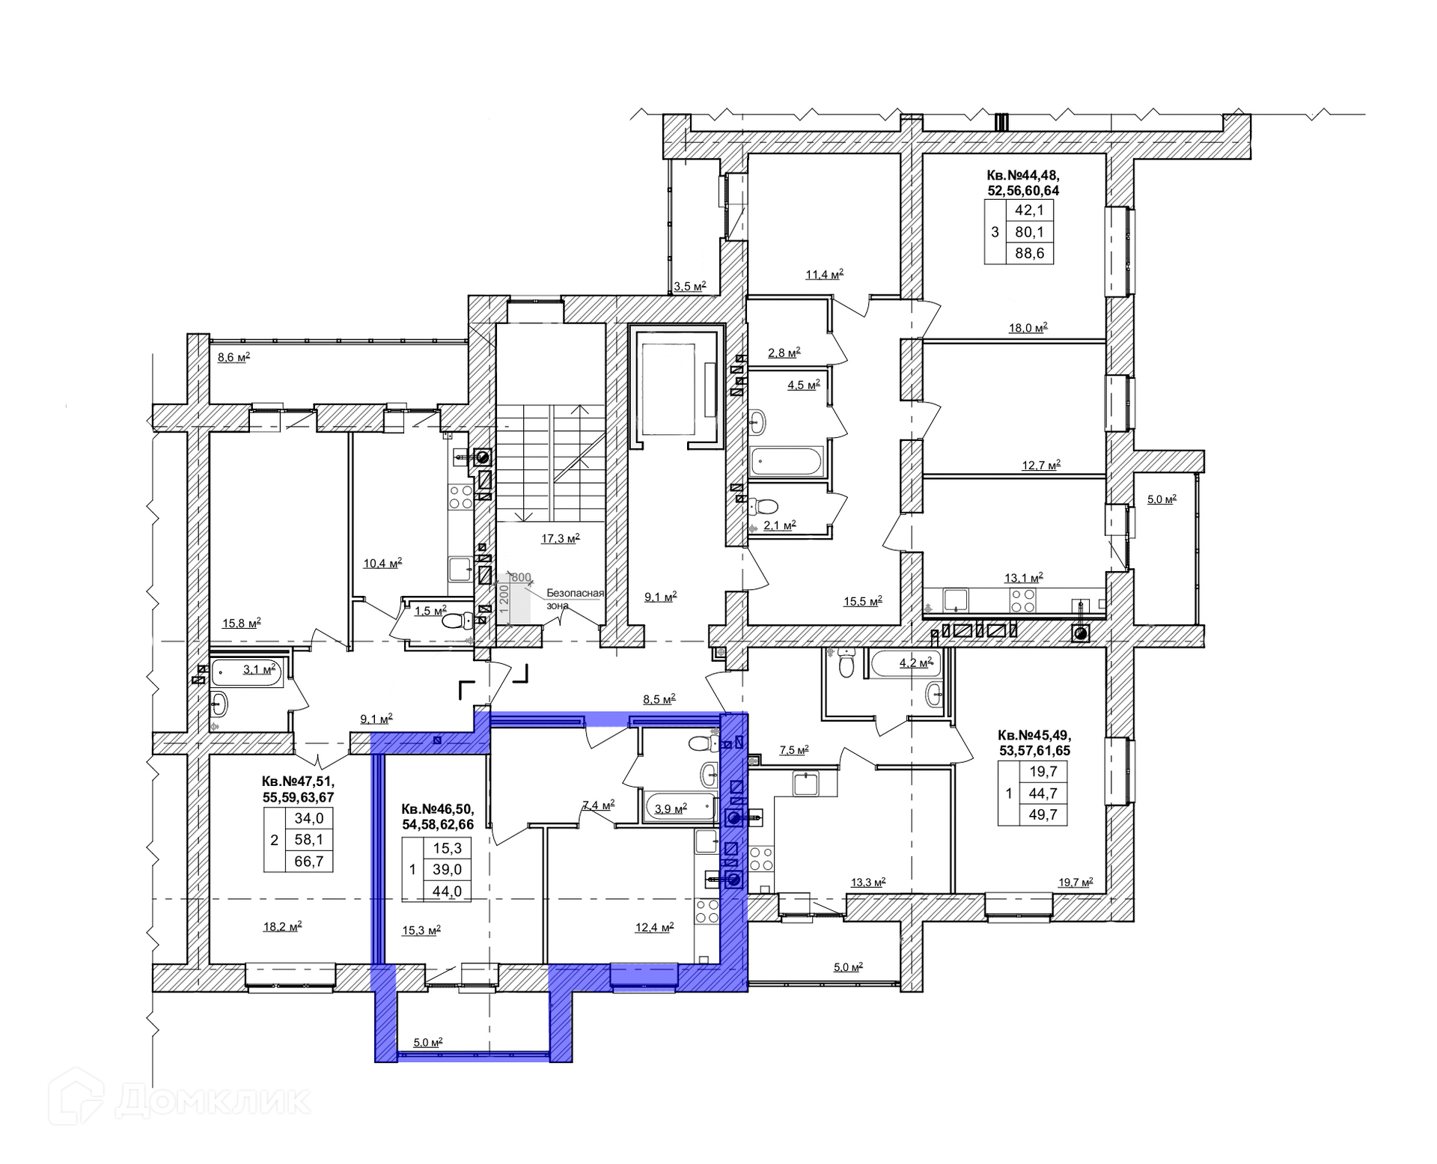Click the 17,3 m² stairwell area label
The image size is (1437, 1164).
tap(561, 538)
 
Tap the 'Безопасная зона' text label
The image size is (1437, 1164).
tap(575, 600)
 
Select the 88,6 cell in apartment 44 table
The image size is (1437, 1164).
tap(1030, 254)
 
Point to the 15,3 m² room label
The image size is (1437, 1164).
tap(421, 930)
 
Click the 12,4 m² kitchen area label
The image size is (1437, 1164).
tap(655, 927)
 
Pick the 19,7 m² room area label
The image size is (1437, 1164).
tap(1076, 882)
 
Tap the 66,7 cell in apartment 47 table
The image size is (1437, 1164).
tap(309, 862)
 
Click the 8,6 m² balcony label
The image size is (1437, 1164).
tap(234, 358)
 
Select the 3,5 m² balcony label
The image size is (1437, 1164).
tap(690, 286)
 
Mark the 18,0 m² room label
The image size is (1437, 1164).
tap(1028, 327)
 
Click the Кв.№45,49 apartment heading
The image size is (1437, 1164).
tap(1034, 735)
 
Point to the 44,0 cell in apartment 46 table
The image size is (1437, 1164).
tap(448, 892)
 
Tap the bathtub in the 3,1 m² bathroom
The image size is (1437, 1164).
tap(248, 671)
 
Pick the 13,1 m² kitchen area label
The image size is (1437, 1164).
tap(1024, 578)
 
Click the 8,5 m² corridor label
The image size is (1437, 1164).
tap(659, 699)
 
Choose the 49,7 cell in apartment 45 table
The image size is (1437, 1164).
tap(1043, 814)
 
